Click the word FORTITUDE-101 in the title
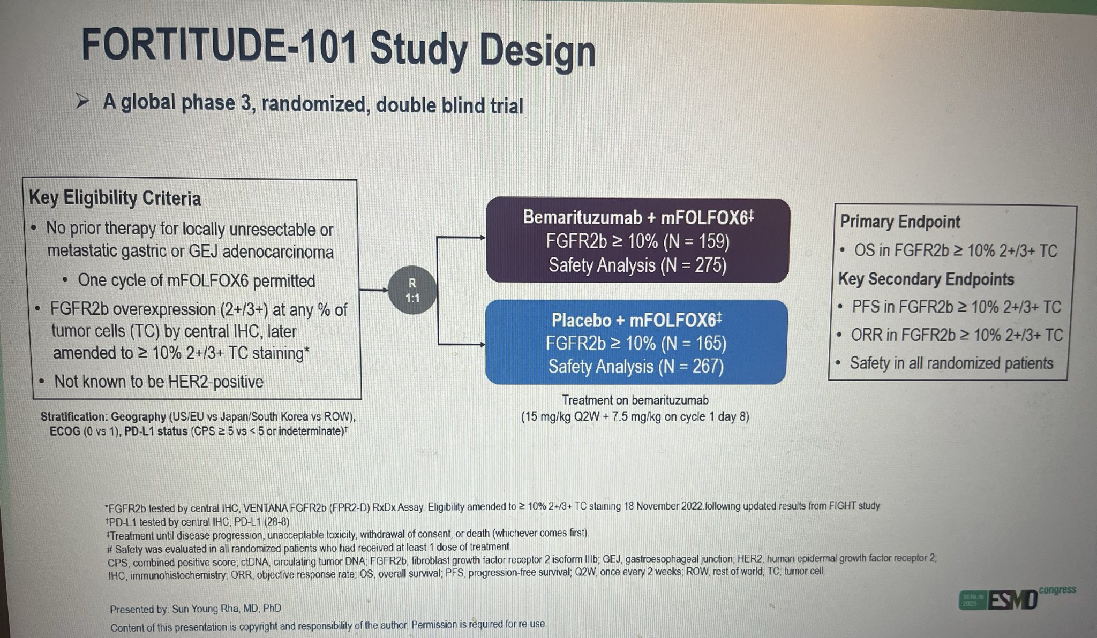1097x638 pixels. (x=220, y=47)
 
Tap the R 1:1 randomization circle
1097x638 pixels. (x=412, y=291)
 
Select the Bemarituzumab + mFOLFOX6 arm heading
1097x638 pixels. (x=637, y=217)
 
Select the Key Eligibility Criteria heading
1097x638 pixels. (x=115, y=199)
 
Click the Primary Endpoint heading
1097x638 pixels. (x=900, y=222)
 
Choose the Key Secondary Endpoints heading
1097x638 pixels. (x=926, y=279)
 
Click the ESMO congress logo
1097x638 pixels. (x=1016, y=599)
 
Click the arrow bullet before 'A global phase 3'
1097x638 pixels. (x=84, y=101)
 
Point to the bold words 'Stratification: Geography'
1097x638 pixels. (x=103, y=417)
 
